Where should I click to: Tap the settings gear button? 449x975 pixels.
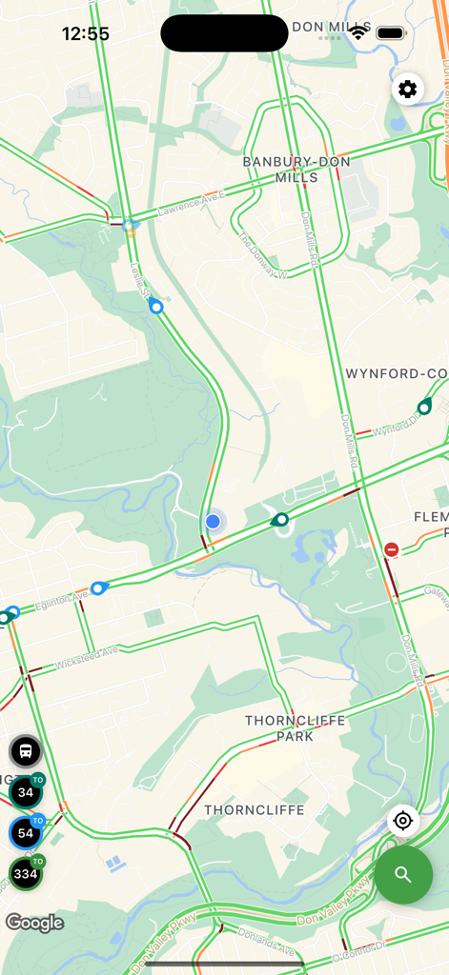pyautogui.click(x=408, y=90)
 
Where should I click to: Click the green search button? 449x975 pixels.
pyautogui.click(x=403, y=875)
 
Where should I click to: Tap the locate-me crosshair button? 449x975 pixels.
pyautogui.click(x=403, y=821)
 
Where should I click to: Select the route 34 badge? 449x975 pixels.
pyautogui.click(x=26, y=791)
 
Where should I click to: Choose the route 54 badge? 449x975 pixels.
pyautogui.click(x=26, y=833)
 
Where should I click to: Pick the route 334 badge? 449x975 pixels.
pyautogui.click(x=26, y=873)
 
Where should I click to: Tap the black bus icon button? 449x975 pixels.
pyautogui.click(x=26, y=751)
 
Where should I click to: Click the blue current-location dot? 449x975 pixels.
pyautogui.click(x=213, y=522)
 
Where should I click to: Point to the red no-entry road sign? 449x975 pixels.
pyautogui.click(x=392, y=549)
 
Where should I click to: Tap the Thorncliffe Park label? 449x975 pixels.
pyautogui.click(x=295, y=728)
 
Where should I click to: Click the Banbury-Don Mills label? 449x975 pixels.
pyautogui.click(x=296, y=169)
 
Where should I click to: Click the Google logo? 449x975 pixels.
pyautogui.click(x=34, y=923)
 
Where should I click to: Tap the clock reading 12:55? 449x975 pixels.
pyautogui.click(x=86, y=34)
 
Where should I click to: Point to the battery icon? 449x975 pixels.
pyautogui.click(x=391, y=33)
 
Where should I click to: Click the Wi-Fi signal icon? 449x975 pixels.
pyautogui.click(x=358, y=33)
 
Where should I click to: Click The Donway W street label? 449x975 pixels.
pyautogui.click(x=263, y=256)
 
